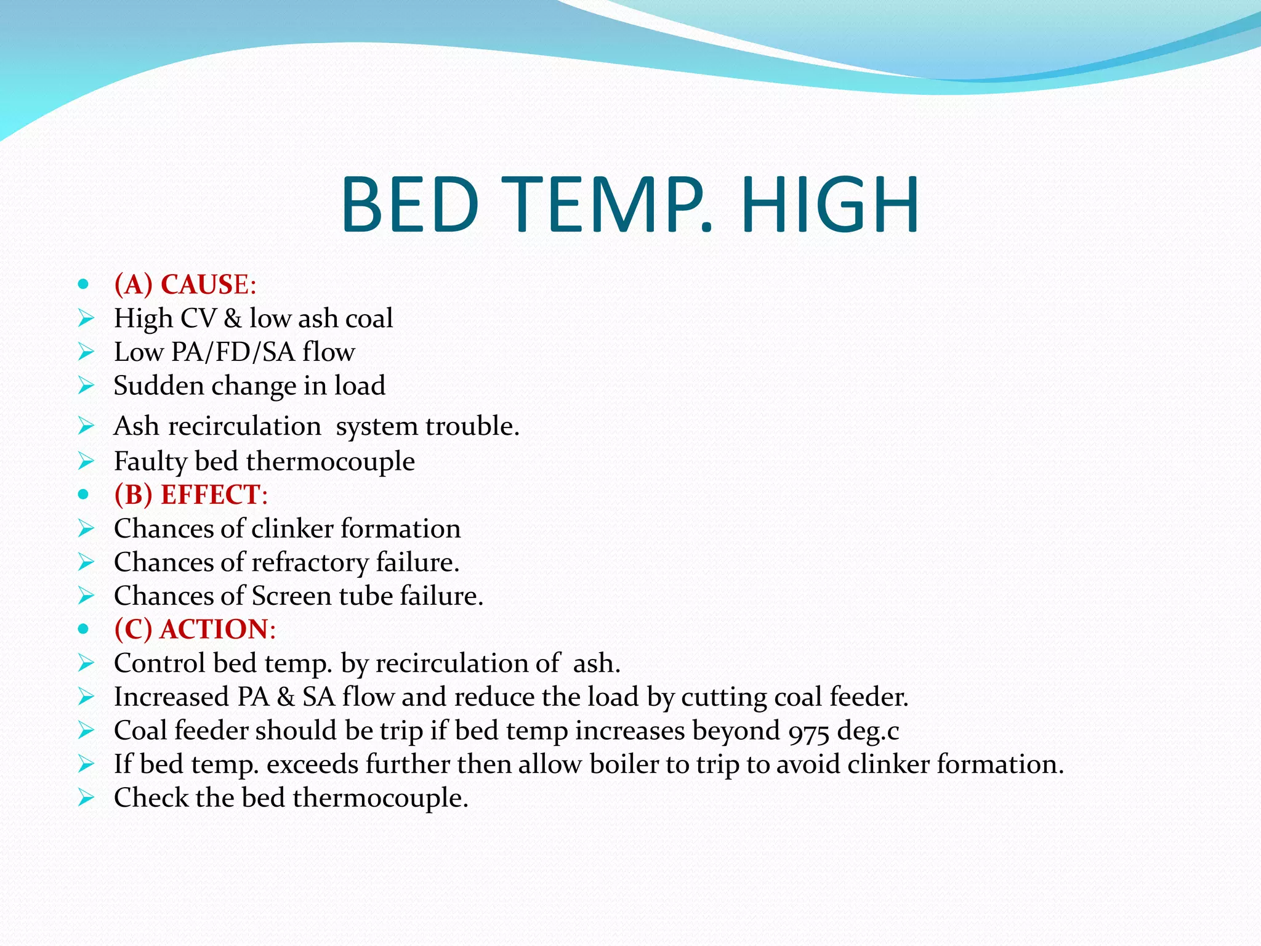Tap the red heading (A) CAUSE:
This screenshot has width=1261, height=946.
(185, 285)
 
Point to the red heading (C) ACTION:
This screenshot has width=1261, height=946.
(195, 629)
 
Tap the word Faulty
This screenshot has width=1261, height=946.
(150, 462)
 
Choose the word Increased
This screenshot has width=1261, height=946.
(171, 697)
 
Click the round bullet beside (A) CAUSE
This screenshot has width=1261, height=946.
(84, 285)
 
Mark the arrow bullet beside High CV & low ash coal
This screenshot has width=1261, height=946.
(86, 318)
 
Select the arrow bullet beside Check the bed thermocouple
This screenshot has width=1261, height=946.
(86, 798)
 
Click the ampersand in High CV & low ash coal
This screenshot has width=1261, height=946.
(233, 318)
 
